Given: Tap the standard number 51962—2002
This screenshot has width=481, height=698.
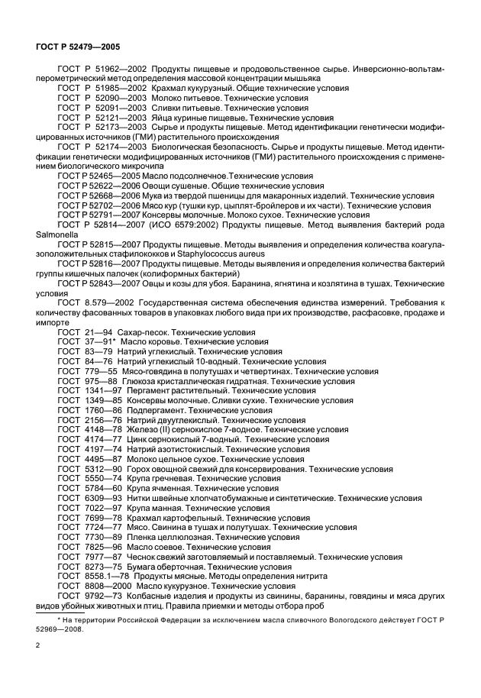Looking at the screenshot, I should [x=110, y=69].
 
